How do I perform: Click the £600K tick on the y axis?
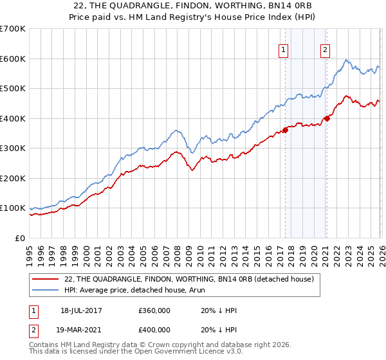pyautogui.click(x=13, y=59)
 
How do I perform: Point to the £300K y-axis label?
pyautogui.click(x=13, y=148)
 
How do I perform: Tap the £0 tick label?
pyautogui.click(x=21, y=239)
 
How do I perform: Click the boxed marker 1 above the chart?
pyautogui.click(x=283, y=50)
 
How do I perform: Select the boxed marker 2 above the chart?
pyautogui.click(x=326, y=50)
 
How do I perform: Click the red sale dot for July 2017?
pyautogui.click(x=285, y=130)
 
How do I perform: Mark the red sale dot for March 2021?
pyautogui.click(x=327, y=118)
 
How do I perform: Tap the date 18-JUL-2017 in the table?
pyautogui.click(x=82, y=310)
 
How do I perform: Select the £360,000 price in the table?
pyautogui.click(x=154, y=310)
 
